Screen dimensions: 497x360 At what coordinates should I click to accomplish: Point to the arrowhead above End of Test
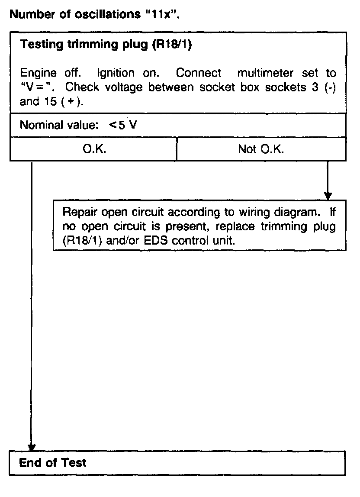tap(32, 447)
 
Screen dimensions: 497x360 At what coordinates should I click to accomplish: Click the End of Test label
tap(53, 463)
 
